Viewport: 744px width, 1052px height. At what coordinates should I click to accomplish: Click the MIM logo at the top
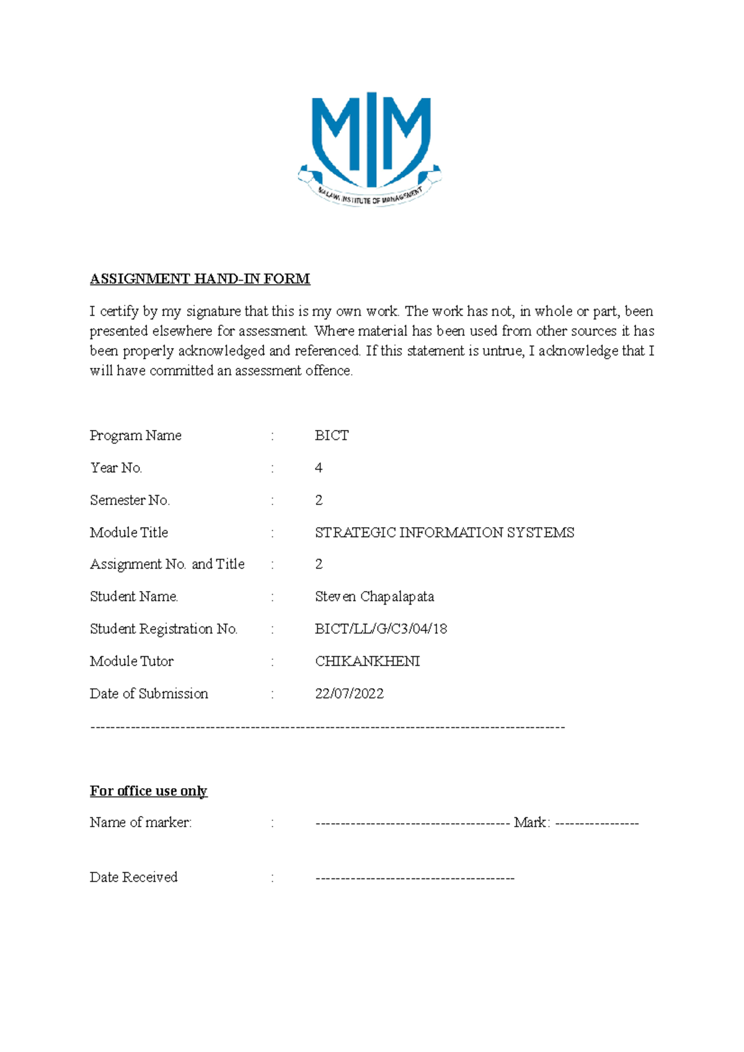tap(370, 149)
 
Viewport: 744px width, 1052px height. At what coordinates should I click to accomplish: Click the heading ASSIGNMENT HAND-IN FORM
tap(200, 279)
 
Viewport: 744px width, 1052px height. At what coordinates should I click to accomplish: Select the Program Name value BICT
tap(332, 436)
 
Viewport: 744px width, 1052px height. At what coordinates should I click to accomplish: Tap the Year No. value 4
tap(319, 468)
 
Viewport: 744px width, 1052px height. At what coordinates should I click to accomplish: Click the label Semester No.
tap(130, 500)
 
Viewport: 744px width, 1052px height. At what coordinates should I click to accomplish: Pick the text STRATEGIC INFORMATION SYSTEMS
tap(445, 532)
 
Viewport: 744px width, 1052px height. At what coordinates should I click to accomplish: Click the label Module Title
tap(129, 532)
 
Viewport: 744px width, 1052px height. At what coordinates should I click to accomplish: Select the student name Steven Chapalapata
tap(374, 597)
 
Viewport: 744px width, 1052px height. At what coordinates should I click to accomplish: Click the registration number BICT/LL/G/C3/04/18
tap(381, 629)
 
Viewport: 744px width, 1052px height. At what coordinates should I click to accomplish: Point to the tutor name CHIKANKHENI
tap(367, 661)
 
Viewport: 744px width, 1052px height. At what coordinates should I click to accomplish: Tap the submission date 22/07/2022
tap(349, 693)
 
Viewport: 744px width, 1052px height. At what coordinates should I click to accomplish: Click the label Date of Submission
tap(149, 693)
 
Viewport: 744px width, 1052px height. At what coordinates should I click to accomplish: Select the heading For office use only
tap(148, 791)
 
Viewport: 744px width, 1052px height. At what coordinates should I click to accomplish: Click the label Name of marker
tap(141, 822)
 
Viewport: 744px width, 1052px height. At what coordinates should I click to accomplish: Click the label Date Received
tap(133, 877)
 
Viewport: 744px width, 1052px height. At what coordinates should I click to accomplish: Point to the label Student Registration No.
tap(164, 629)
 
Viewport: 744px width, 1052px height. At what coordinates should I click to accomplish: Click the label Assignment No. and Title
tap(167, 564)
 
